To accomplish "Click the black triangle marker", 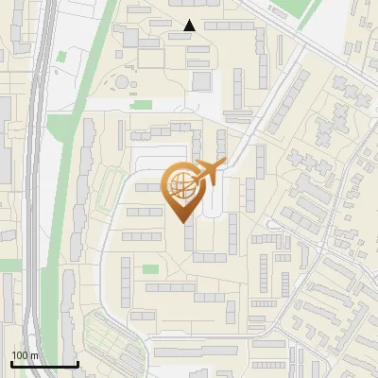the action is pos(189,26).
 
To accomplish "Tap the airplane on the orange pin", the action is pos(207,172).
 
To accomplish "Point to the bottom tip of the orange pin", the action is pos(182,222).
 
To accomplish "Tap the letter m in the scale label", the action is pos(33,355).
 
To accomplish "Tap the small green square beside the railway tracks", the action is pos(62,56).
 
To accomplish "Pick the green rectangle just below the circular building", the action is pos(142,104).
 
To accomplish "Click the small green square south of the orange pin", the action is pos(150,269).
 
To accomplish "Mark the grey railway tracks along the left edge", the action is pos(34,189).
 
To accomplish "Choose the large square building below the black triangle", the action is pos(202,80).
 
